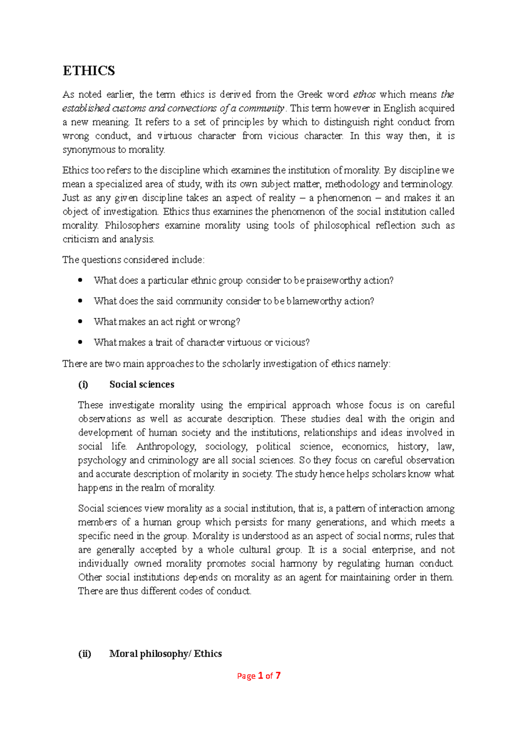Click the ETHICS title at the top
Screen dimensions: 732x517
click(x=89, y=71)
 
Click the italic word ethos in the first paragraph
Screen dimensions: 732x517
click(x=364, y=94)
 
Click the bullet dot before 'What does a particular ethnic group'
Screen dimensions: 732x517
click(x=80, y=280)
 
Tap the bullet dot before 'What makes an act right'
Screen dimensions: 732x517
click(x=80, y=322)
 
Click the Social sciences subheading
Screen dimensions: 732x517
click(x=142, y=385)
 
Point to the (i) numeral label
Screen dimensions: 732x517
click(x=83, y=385)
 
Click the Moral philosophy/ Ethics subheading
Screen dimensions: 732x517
click(x=165, y=654)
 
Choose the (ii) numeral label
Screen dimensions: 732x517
click(x=84, y=654)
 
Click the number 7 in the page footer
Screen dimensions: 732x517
click(x=278, y=676)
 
